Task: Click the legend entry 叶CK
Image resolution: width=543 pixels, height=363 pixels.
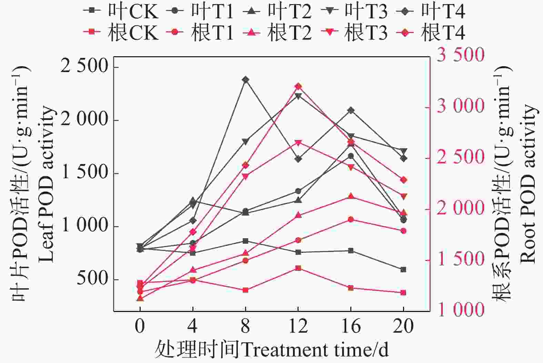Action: click(121, 11)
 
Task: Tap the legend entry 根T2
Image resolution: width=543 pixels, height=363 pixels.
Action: click(278, 33)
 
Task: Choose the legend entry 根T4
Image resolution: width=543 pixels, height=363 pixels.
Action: click(431, 33)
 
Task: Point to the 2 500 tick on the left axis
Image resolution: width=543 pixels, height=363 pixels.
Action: click(84, 65)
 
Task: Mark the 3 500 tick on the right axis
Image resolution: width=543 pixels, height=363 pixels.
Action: click(460, 54)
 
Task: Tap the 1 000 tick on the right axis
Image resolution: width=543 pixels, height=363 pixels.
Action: click(460, 309)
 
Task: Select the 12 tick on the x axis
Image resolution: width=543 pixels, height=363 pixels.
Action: click(298, 326)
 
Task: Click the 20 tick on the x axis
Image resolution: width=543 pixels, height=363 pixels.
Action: click(403, 326)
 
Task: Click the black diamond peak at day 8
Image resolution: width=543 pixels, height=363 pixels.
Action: click(245, 80)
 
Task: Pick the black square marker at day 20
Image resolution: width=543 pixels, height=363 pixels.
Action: click(403, 270)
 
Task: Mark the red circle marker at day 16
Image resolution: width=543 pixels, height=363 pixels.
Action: click(351, 220)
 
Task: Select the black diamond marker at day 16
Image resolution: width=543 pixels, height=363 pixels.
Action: click(351, 110)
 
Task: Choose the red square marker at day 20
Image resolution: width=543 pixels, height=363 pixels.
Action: click(403, 293)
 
